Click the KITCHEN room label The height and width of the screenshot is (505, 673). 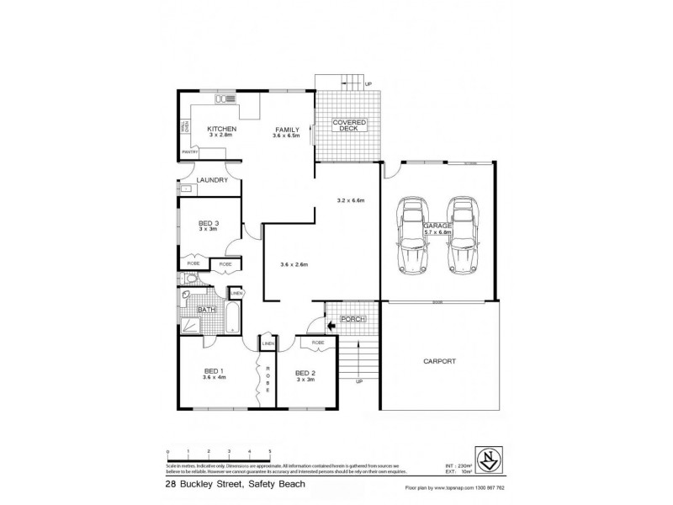(221, 128)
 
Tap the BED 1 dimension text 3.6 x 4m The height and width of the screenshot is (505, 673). (213, 377)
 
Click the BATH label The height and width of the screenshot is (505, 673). (206, 310)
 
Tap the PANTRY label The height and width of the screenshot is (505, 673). (189, 151)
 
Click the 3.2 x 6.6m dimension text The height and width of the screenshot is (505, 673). (349, 200)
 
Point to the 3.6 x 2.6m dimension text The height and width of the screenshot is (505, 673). (294, 265)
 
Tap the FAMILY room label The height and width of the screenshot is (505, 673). (285, 130)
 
